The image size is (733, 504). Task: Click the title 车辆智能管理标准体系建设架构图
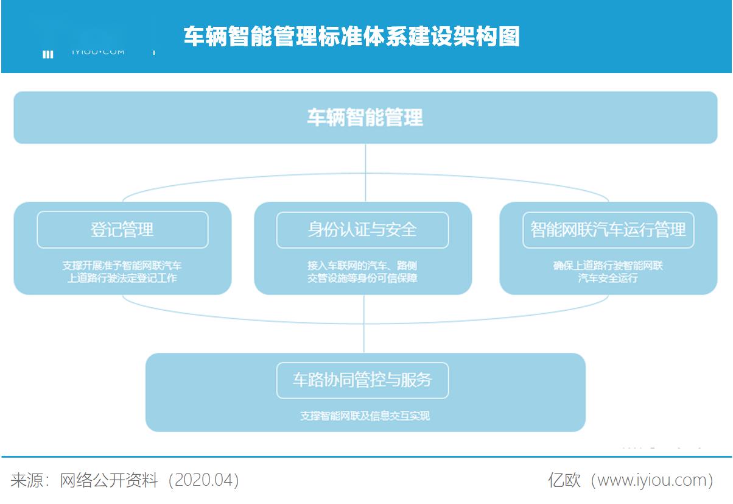tap(352, 37)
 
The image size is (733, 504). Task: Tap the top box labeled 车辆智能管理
tap(365, 118)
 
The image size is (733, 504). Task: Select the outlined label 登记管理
tap(122, 230)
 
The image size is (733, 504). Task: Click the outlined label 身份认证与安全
tap(362, 230)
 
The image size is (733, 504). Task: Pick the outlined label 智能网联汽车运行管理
tap(608, 230)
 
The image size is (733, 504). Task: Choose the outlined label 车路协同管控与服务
tap(362, 380)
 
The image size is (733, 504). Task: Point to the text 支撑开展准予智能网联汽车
tap(122, 266)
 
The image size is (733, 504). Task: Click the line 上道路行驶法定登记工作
tap(122, 279)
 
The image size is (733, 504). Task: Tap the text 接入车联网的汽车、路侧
tap(362, 266)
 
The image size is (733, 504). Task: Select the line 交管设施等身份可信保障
tap(362, 279)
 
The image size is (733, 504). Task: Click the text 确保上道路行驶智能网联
tap(608, 266)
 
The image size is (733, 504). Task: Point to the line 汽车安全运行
tap(608, 279)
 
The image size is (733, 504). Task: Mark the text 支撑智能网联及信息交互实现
tap(365, 416)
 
